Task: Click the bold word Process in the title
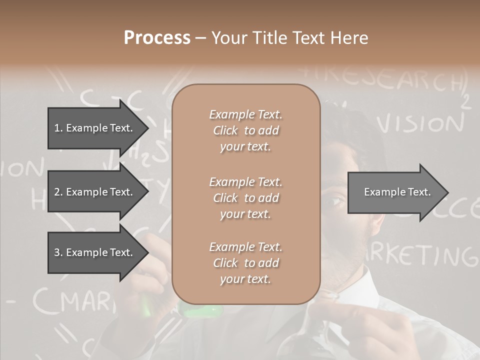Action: (x=157, y=38)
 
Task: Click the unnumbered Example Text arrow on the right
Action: (x=397, y=192)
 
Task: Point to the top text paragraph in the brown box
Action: (x=245, y=130)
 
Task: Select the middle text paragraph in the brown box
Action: (x=245, y=198)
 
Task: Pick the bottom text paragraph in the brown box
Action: (x=245, y=263)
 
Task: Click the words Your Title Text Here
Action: (x=289, y=38)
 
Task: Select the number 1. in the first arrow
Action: (x=58, y=128)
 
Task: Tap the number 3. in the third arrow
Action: (x=58, y=252)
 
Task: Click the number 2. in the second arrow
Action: (x=58, y=192)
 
